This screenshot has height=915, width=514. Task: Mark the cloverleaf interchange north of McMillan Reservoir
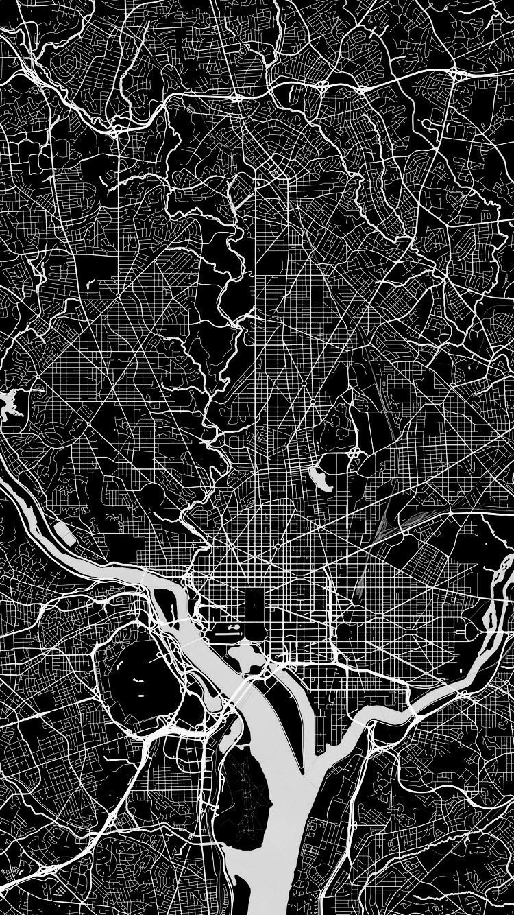coord(355,453)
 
